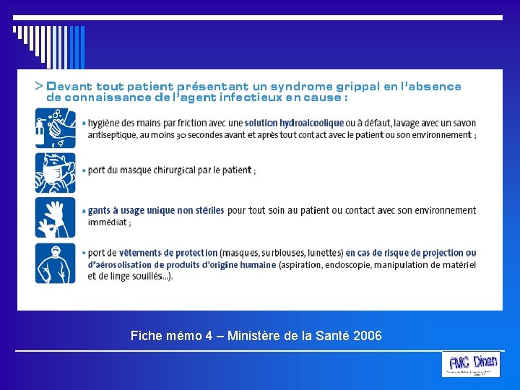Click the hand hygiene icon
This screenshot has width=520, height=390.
pos(56,128)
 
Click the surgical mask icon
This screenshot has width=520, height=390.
pos(56,172)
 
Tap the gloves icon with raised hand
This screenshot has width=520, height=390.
pos(56,217)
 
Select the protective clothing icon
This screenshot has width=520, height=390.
pos(56,263)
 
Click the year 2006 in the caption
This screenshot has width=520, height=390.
pos(368,336)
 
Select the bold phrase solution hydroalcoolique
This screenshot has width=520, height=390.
pos(294,123)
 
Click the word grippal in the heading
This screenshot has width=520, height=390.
pos(351,87)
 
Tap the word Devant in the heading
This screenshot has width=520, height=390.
pos(70,87)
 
